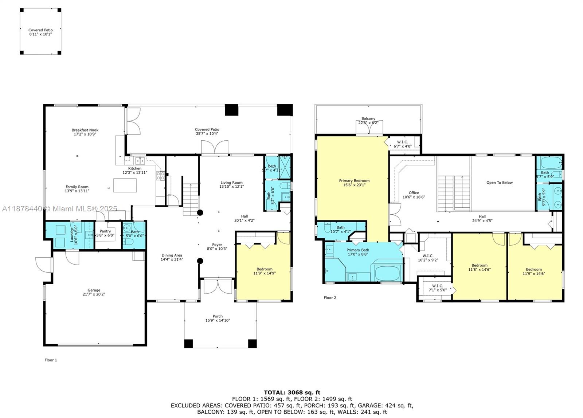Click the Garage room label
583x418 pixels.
point(94,292)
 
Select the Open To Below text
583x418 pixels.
point(499,183)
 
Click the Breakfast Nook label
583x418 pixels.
point(85,132)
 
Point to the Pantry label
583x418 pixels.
point(105,233)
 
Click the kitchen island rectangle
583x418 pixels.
point(125,185)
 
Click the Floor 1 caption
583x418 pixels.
point(51,360)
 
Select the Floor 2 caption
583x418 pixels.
point(330,298)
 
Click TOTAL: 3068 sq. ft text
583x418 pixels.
point(292,392)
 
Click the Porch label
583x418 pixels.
point(218,318)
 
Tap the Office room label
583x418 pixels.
point(414,195)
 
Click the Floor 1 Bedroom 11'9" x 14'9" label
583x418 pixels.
point(264,271)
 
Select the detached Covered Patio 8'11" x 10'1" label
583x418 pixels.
point(40,32)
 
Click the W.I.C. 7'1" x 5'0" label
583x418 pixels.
point(437,288)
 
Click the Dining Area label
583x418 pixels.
point(172,257)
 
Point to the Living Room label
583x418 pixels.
point(231,184)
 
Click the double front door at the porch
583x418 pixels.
point(218,286)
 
